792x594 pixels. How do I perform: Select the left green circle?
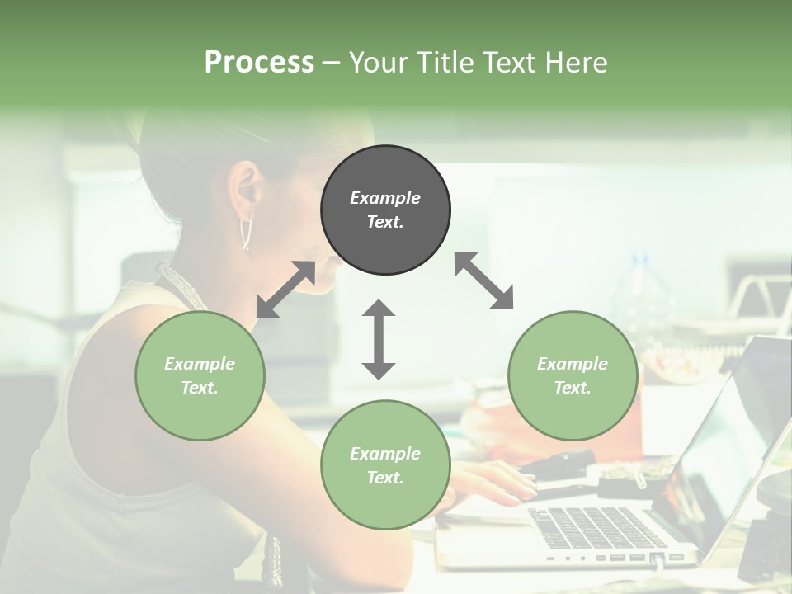[x=200, y=375]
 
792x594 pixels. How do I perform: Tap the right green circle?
[x=573, y=375]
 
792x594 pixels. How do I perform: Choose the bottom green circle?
[x=385, y=464]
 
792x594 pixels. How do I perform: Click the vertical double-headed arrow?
[x=379, y=339]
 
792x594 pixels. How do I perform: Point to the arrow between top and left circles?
[x=285, y=290]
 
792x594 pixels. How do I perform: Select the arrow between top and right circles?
[x=484, y=280]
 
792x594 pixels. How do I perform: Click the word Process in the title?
[x=259, y=62]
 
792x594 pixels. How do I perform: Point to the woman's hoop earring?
[x=246, y=233]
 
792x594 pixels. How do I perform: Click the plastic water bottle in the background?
[x=643, y=297]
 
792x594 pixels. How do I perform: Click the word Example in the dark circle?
[x=385, y=198]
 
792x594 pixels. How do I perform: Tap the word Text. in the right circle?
[x=573, y=388]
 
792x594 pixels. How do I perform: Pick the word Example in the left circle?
[x=200, y=364]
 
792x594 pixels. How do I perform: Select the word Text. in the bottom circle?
[x=385, y=478]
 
